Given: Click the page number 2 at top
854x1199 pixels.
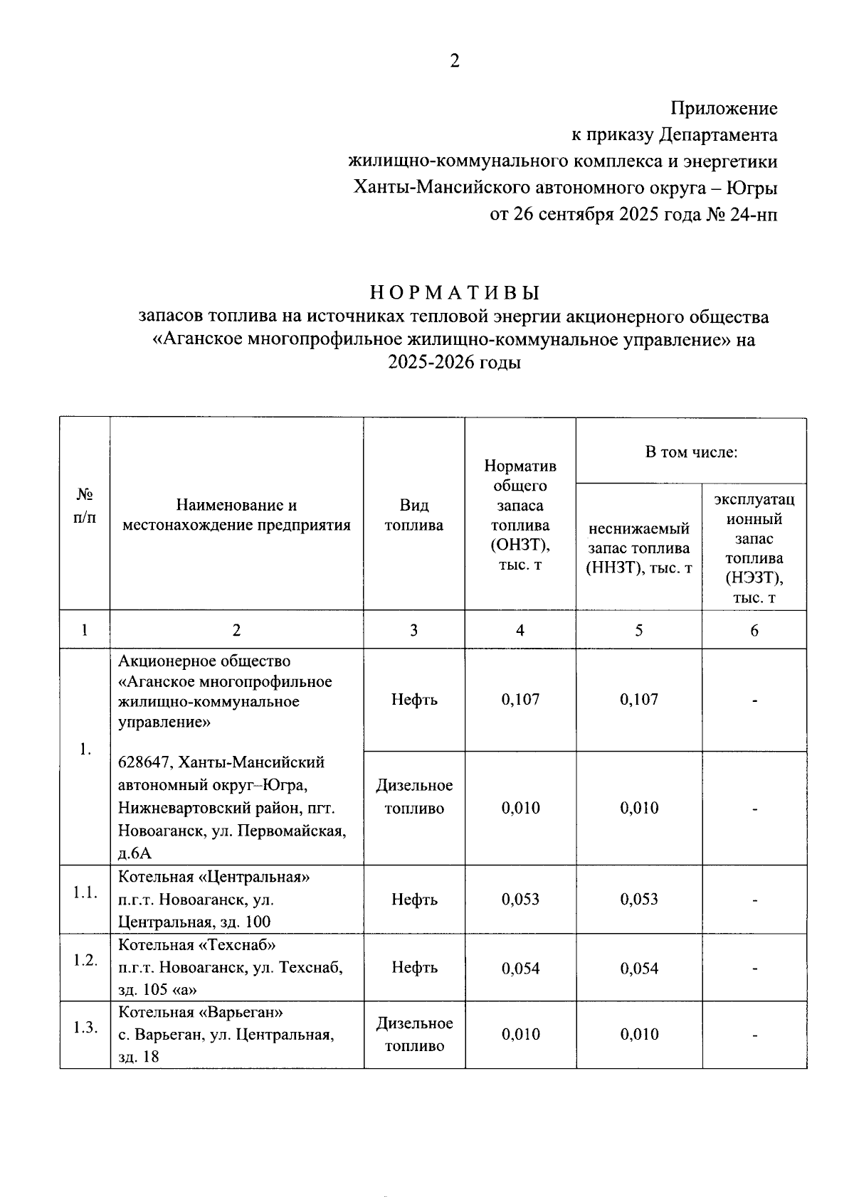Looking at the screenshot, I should [455, 61].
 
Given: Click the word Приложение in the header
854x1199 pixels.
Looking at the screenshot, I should [724, 109].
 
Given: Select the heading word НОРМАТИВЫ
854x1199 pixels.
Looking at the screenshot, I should [455, 293].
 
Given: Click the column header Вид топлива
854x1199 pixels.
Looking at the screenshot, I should [413, 515].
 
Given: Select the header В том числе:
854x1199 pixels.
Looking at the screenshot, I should [690, 452].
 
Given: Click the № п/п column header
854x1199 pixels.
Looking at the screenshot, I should [84, 506].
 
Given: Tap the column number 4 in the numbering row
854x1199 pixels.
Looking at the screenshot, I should [520, 630].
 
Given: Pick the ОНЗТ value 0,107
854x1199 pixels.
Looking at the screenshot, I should [520, 699].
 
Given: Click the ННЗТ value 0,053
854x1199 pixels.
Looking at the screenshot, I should [638, 899].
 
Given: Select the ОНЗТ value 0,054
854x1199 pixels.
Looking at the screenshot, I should [520, 968].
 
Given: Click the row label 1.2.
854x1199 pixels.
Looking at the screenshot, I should [85, 960].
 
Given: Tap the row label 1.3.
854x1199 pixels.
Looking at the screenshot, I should [85, 1028].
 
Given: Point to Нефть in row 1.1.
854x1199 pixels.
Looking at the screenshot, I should [413, 899].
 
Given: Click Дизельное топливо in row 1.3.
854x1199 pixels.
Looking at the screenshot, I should [414, 1035].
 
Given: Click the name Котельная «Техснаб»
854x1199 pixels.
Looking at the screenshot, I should [196, 945].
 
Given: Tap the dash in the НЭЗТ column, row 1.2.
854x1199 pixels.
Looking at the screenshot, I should [754, 968].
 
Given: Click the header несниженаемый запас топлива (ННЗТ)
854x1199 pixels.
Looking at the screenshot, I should [638, 548].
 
